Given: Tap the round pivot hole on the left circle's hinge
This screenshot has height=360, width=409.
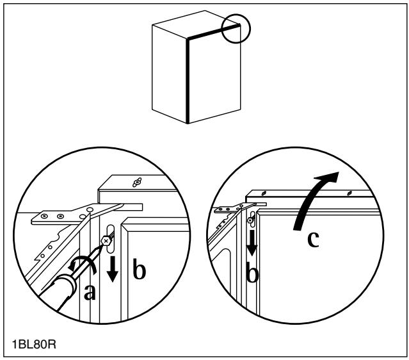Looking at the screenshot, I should click(90, 209).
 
